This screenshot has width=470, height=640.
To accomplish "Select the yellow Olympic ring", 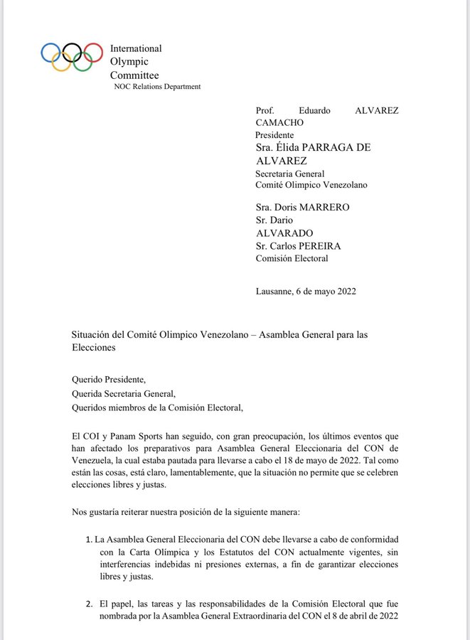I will pos(61,63).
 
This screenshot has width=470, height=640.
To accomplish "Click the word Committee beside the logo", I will pos(134,75).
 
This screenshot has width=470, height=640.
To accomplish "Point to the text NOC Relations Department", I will pos(157,87).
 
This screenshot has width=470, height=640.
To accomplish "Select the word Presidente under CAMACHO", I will pos(274,134).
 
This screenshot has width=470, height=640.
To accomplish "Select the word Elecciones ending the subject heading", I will pos(93,348).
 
